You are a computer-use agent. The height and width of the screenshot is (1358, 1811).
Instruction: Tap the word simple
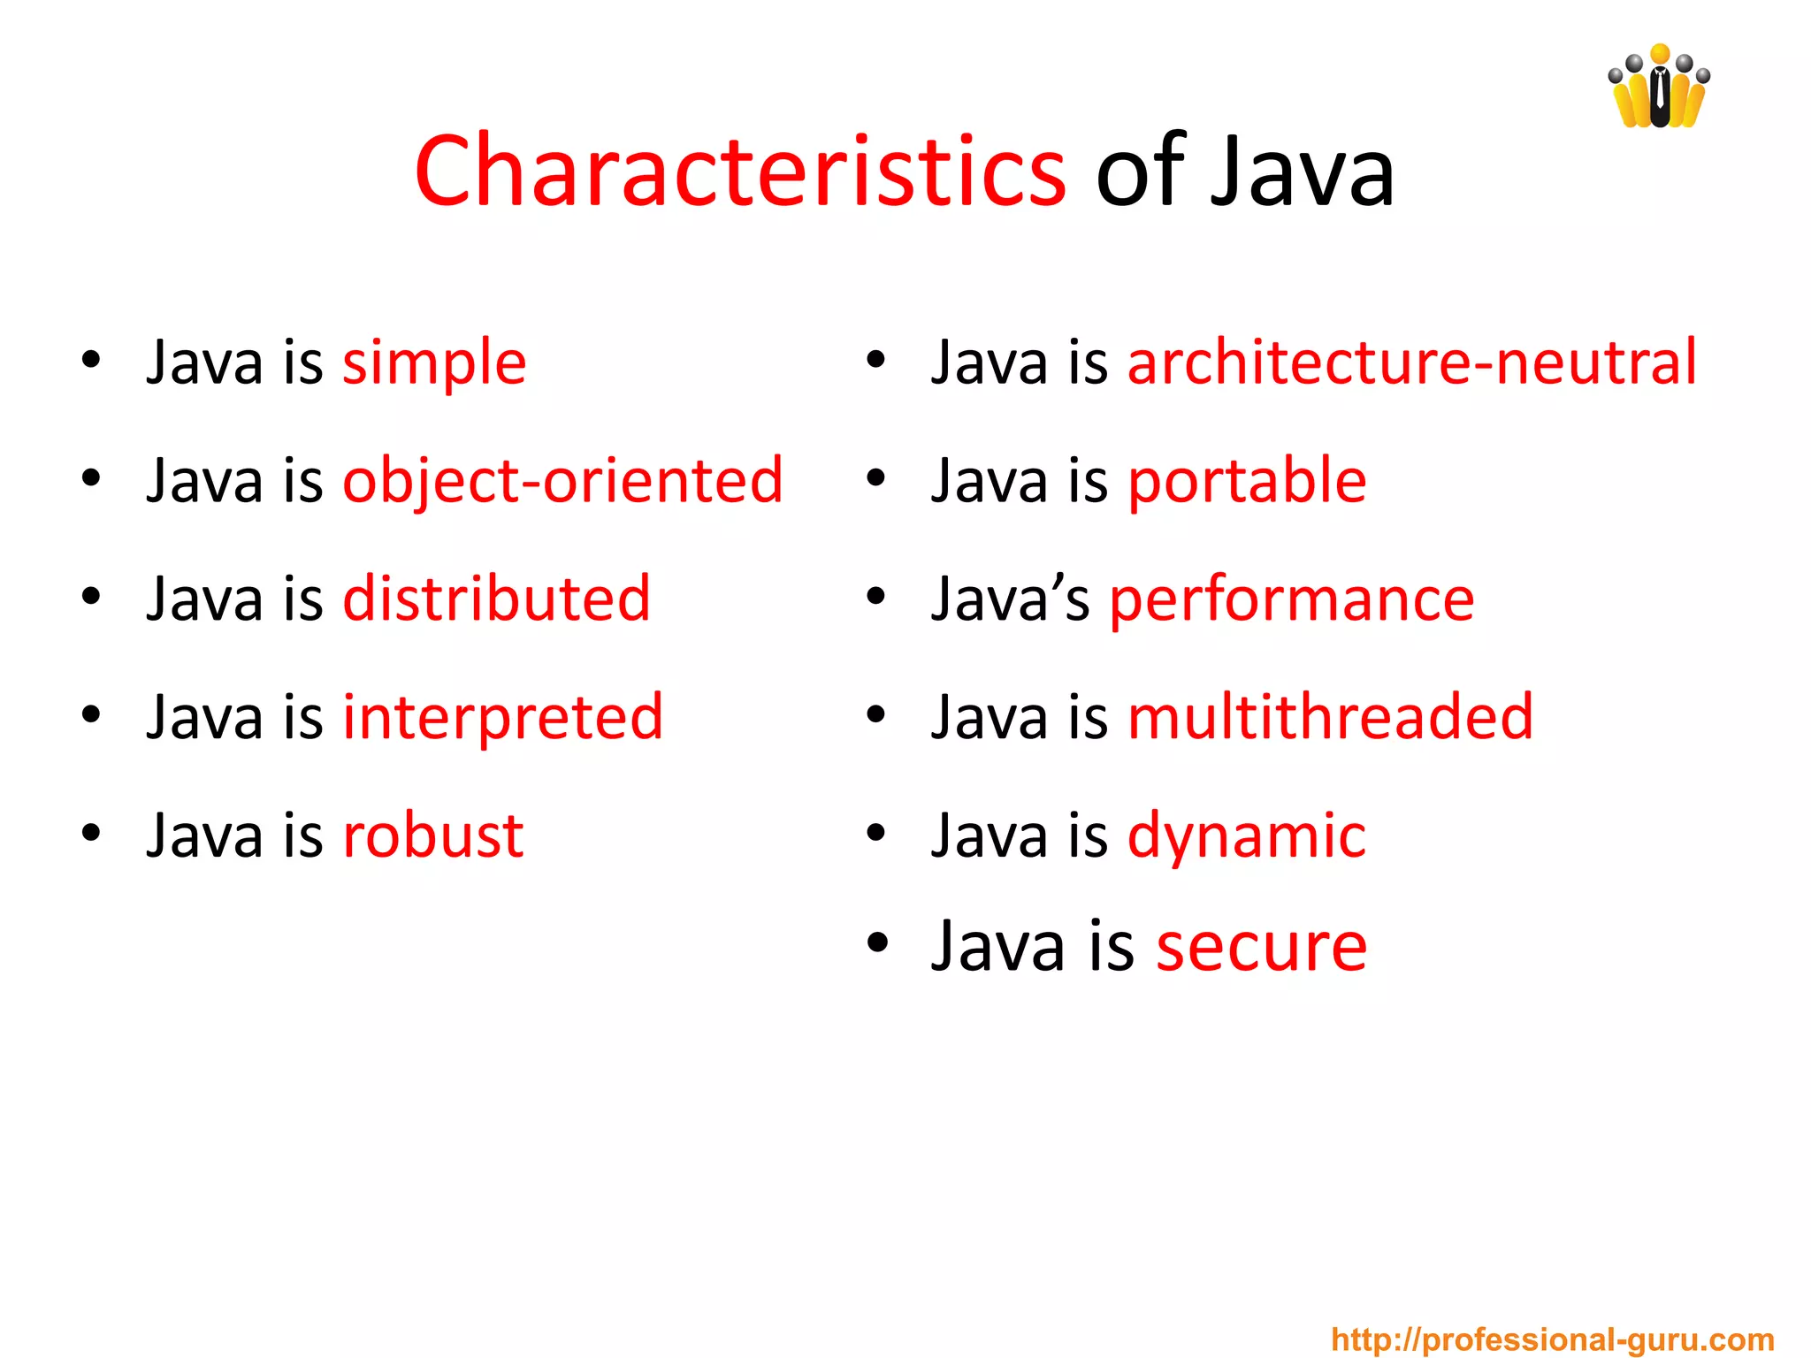[x=434, y=362]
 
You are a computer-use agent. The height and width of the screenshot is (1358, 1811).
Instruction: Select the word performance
[x=1292, y=600]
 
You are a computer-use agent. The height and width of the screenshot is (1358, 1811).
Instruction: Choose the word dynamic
[x=1247, y=836]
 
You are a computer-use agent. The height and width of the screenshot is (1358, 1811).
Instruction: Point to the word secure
[x=1262, y=946]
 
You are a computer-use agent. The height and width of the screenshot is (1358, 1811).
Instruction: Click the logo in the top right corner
[x=1659, y=87]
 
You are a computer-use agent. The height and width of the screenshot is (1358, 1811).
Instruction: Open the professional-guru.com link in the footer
[x=1553, y=1339]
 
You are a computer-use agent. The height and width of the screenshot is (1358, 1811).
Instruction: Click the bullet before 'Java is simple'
[x=90, y=360]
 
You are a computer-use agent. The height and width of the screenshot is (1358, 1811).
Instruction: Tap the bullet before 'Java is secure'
[x=876, y=942]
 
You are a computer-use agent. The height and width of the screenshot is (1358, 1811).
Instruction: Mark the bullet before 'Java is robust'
[x=90, y=833]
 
